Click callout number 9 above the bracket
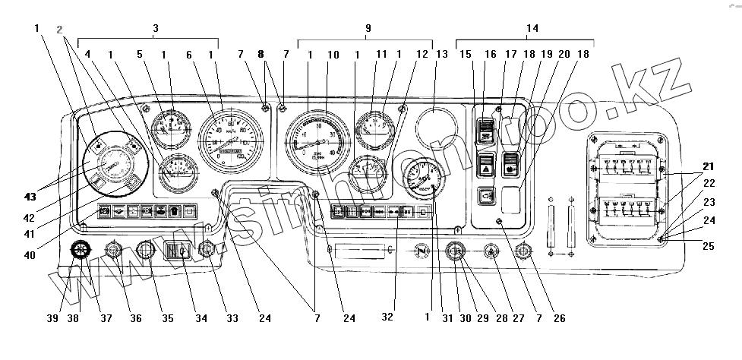(368, 28)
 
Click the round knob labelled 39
(80, 250)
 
